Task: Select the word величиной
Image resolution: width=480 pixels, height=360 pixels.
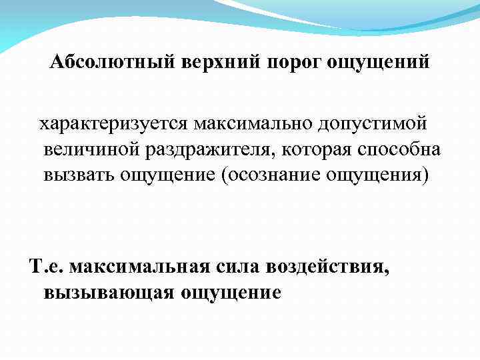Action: [x=90, y=149]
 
